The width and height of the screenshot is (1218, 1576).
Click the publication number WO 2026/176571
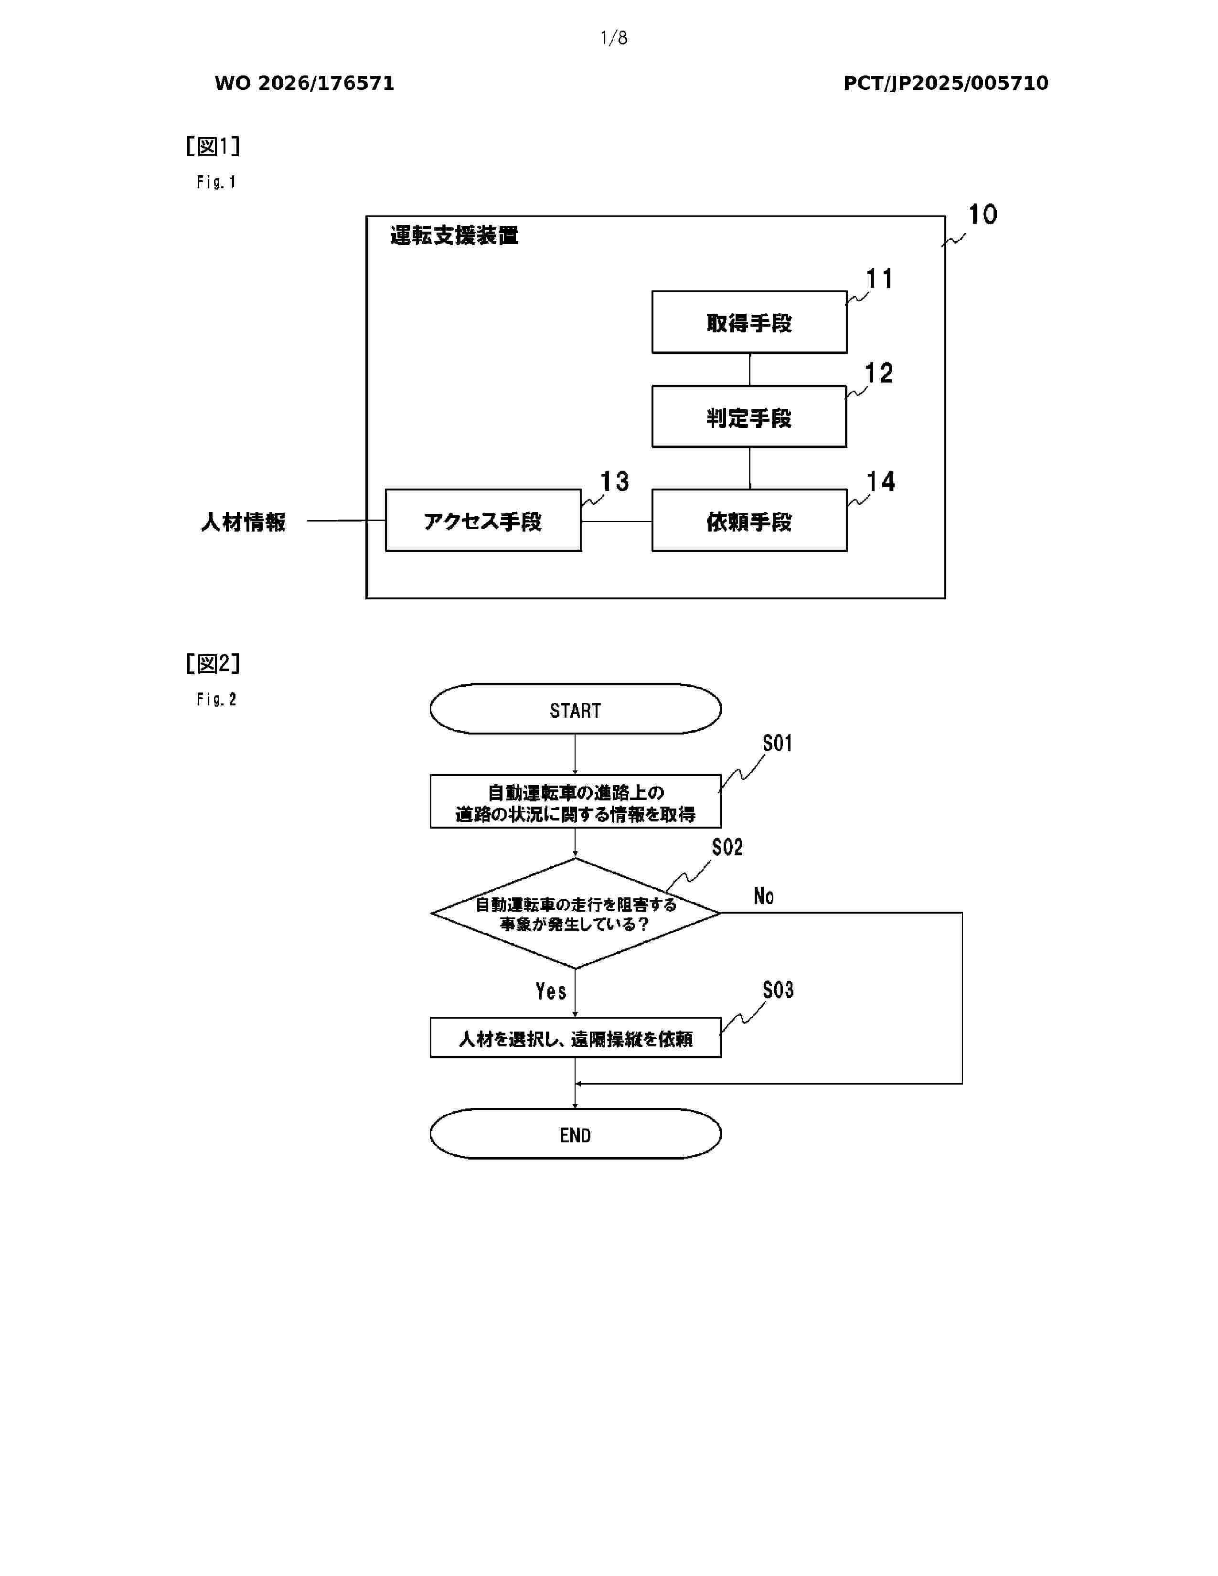(x=305, y=83)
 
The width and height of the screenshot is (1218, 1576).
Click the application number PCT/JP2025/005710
(x=945, y=83)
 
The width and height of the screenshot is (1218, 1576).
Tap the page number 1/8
(x=614, y=38)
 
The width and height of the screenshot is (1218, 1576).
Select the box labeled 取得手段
(x=749, y=322)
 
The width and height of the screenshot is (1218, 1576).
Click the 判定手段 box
(x=749, y=416)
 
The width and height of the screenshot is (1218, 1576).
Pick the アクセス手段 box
(x=483, y=520)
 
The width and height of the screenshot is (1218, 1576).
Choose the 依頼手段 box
(x=749, y=520)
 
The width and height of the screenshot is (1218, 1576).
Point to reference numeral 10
(x=982, y=214)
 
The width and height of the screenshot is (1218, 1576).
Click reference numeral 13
(x=615, y=481)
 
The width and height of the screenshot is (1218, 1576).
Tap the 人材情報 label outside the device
(x=243, y=522)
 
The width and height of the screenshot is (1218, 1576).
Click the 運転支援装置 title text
(x=454, y=235)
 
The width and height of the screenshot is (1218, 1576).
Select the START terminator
(x=575, y=709)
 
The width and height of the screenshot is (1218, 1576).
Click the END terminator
(x=575, y=1134)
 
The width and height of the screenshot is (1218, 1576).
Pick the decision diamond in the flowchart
(x=575, y=913)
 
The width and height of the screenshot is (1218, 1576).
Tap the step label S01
(x=778, y=743)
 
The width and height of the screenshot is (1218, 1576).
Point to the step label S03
(x=778, y=990)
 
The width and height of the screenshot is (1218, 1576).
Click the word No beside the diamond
(x=763, y=895)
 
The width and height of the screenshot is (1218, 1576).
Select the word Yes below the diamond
(x=551, y=991)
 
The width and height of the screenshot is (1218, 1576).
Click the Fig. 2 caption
(x=216, y=699)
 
